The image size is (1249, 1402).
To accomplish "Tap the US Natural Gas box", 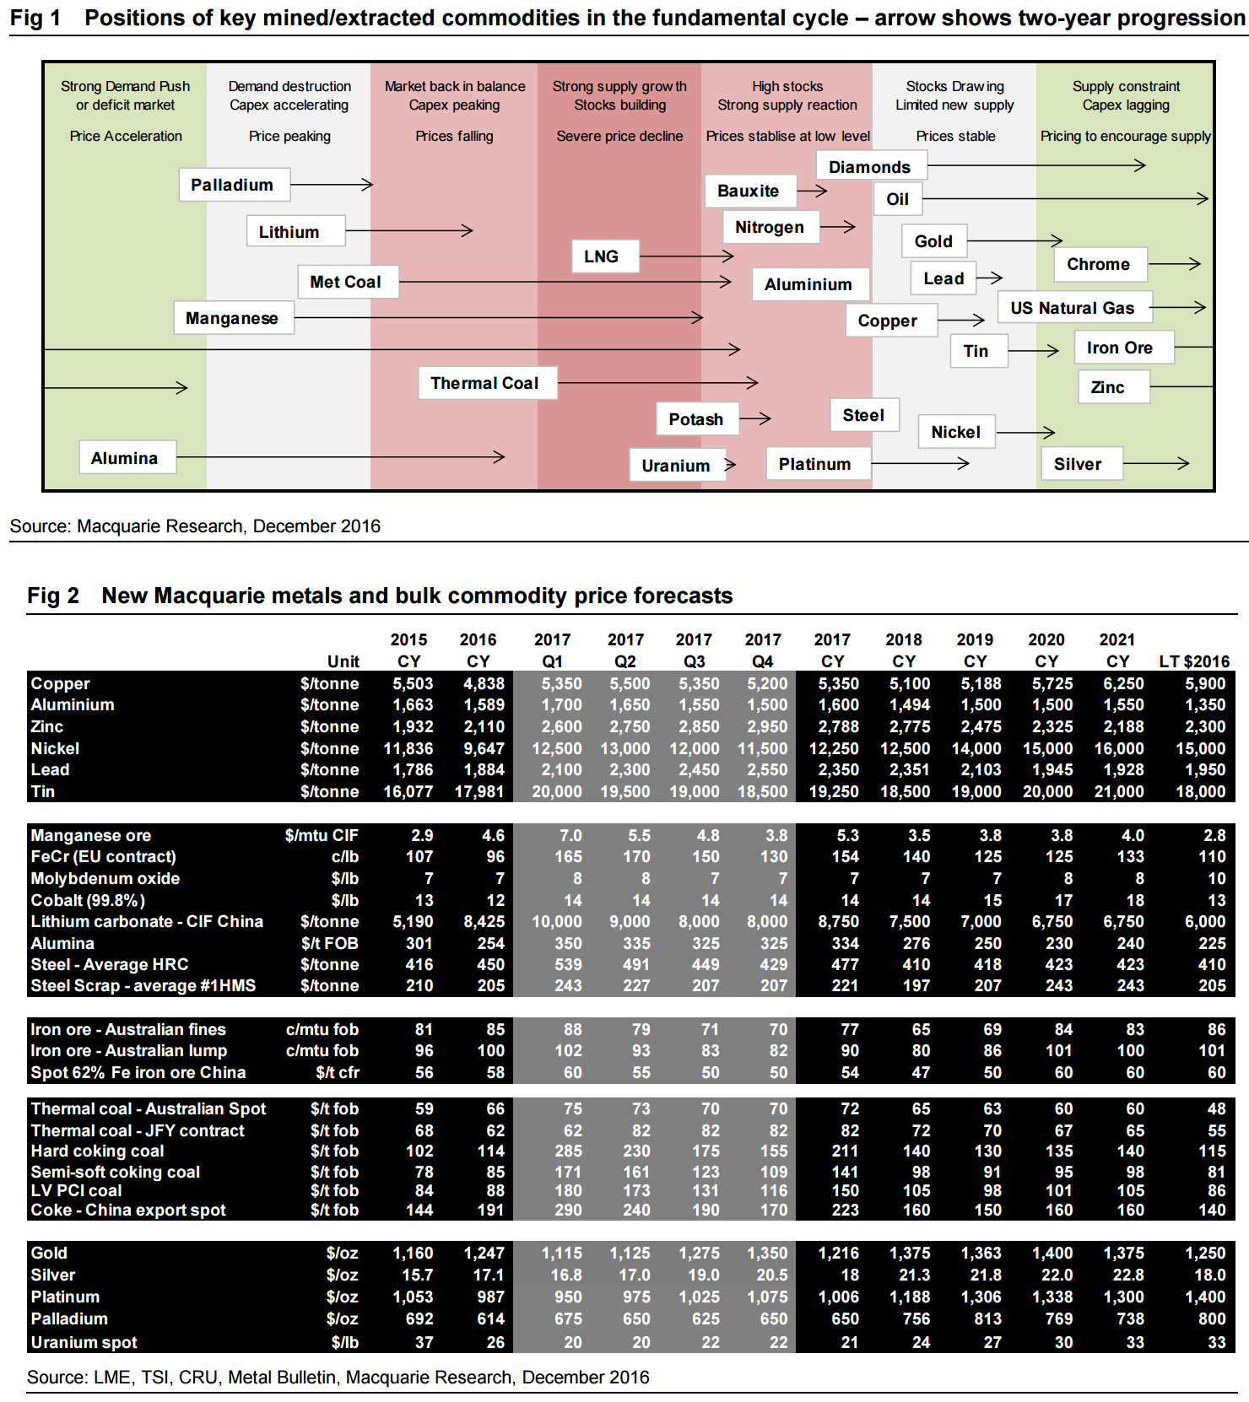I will click(1073, 308).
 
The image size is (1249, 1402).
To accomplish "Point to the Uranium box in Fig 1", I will click(677, 465).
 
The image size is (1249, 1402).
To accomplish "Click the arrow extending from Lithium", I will click(408, 230).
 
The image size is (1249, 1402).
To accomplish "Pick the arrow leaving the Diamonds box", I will click(1035, 165).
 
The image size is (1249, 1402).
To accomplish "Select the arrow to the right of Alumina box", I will click(340, 457).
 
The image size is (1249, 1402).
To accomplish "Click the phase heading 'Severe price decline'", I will click(619, 136).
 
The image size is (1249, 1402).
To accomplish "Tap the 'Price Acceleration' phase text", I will click(126, 136).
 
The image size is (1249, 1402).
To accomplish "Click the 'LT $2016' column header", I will click(1194, 661).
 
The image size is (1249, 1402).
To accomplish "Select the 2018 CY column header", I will click(904, 650).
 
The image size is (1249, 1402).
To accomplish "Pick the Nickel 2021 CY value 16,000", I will click(1119, 748).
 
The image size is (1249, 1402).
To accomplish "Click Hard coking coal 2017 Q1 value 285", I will click(568, 1151).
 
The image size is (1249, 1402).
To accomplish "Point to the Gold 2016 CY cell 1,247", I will click(484, 1254).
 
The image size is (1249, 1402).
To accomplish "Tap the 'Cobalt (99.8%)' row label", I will click(88, 900).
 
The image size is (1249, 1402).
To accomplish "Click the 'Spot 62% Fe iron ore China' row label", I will click(138, 1072).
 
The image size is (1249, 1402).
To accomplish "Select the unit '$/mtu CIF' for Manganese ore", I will click(322, 835).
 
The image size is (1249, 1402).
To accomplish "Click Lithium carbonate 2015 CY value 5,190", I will click(413, 921).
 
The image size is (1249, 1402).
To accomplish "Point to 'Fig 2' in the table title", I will click(53, 596).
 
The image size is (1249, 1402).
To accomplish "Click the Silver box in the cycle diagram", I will click(1079, 464).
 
